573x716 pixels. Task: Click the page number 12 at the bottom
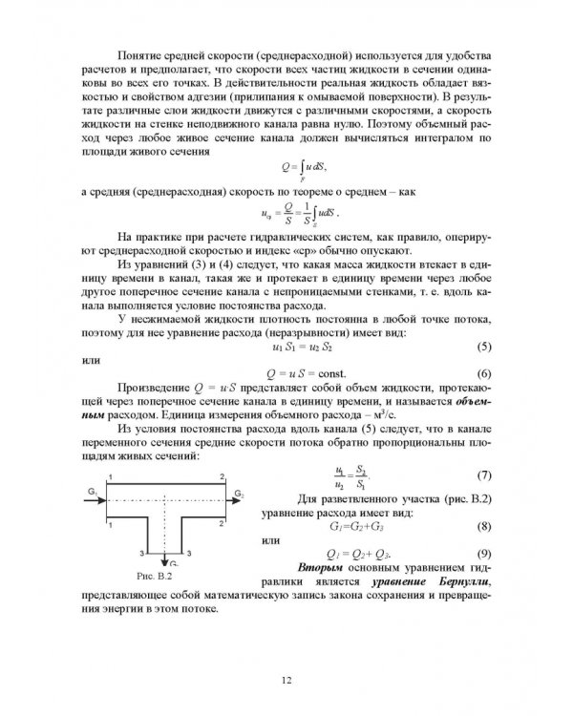click(x=286, y=679)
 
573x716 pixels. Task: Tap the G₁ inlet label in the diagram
click(x=91, y=491)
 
